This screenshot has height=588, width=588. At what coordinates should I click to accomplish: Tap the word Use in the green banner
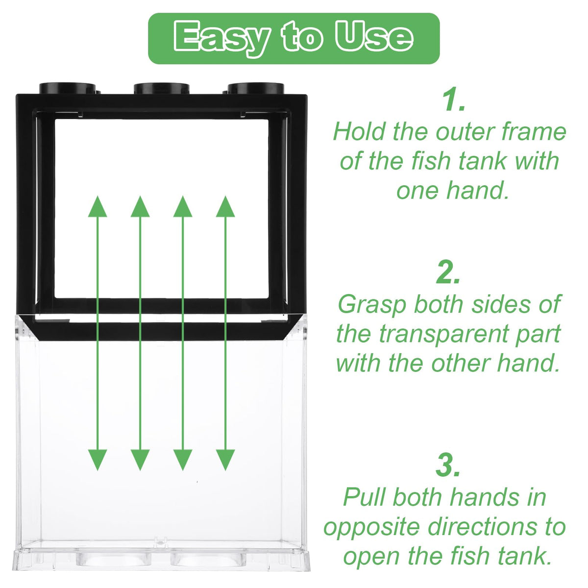tap(374, 37)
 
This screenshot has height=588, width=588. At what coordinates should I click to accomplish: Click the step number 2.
tap(448, 272)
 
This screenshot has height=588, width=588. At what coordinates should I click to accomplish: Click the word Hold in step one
tap(360, 132)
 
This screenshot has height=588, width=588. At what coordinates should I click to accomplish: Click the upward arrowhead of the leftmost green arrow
tap(98, 207)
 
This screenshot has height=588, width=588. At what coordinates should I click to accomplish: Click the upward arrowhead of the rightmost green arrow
tap(225, 207)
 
